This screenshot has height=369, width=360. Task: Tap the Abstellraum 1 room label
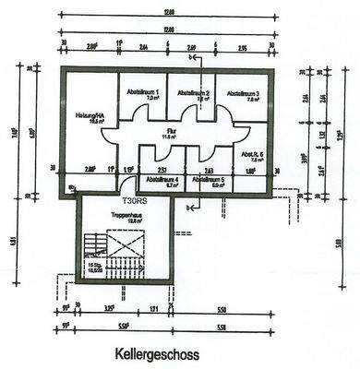pos(143,93)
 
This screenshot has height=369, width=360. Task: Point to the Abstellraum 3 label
pos(244,93)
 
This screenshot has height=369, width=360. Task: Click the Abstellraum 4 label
pos(159,181)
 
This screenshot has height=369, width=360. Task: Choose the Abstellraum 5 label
pos(209,181)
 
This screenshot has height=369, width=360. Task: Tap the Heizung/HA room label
pos(91,116)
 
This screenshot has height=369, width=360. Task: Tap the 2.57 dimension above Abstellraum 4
pos(161,171)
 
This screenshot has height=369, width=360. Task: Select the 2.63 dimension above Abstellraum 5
pos(209,171)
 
